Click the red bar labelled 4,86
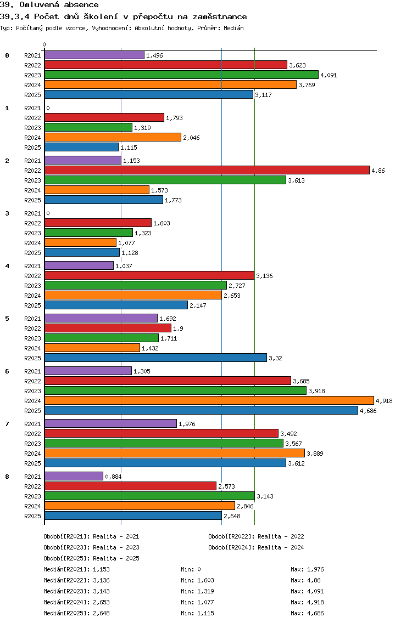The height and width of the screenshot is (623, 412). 207,170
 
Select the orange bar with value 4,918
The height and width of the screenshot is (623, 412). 209,400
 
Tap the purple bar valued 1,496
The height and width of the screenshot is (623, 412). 94,55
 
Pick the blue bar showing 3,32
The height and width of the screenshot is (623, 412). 155,358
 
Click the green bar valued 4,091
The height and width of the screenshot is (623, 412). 181,75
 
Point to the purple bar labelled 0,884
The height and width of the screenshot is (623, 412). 74,476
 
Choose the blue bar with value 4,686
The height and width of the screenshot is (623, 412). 201,410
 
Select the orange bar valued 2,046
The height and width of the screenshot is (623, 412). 113,137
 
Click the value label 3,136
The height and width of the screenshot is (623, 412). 264,276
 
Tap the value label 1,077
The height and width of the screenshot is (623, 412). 126,243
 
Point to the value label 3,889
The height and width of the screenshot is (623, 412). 315,454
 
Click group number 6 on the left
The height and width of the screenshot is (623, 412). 7,371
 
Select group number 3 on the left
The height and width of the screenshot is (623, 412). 7,213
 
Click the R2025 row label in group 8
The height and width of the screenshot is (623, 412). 32,516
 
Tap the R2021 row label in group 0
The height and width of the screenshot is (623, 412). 32,55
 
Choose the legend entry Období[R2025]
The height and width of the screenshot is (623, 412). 66,558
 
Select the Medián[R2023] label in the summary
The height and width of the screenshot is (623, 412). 66,591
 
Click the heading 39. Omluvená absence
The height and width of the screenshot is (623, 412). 49,5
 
